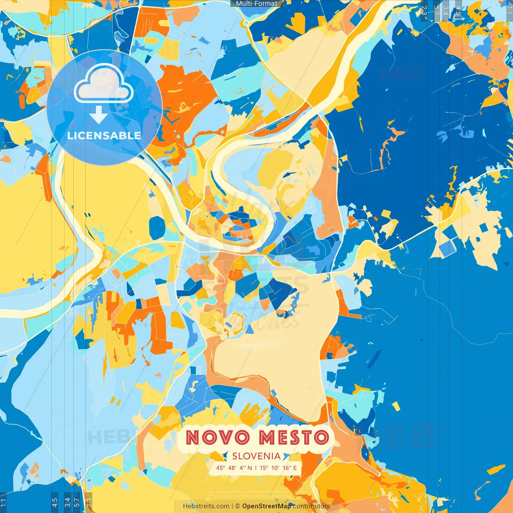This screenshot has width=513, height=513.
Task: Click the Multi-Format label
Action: tap(256, 4)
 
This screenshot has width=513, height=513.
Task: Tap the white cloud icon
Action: tap(104, 83)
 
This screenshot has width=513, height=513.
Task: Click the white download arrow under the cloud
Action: tap(99, 115)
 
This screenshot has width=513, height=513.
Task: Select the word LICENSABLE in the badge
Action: tap(104, 135)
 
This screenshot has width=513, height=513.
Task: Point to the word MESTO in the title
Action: tap(293, 437)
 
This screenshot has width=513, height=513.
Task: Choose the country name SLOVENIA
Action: tap(256, 456)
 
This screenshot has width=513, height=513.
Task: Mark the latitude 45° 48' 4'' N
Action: tap(234, 468)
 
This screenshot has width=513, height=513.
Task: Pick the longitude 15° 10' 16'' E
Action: tap(278, 468)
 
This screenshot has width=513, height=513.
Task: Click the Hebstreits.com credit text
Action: tap(206, 506)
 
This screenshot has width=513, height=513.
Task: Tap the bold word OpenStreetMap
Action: tap(267, 506)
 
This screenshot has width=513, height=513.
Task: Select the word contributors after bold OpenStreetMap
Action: tap(311, 506)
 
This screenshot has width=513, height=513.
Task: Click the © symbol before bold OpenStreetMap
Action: tap(238, 506)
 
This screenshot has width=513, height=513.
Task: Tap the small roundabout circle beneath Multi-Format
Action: tap(245, 23)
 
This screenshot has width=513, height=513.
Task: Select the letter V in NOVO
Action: tap(230, 437)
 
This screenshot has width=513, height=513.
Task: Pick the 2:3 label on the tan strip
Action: tap(89, 501)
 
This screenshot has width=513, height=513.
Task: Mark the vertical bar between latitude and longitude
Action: tap(256, 468)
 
